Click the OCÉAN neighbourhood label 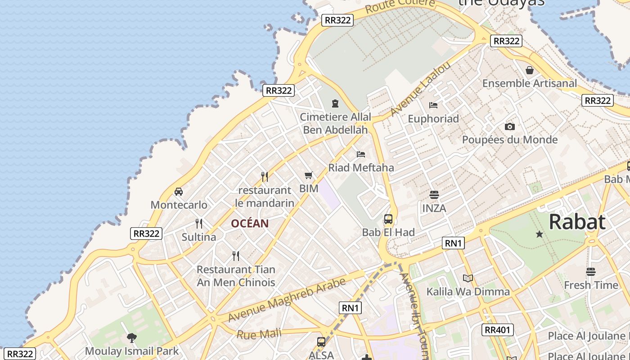[x=250, y=223]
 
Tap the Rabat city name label [x=577, y=222]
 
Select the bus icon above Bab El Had [x=388, y=219]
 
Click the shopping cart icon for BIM [x=308, y=175]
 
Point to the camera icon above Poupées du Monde [x=509, y=126]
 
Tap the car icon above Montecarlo [x=179, y=192]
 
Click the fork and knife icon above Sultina [x=198, y=223]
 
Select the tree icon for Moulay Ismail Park [x=132, y=337]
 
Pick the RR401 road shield [x=497, y=330]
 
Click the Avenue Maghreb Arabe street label [x=287, y=299]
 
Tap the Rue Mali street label [x=259, y=334]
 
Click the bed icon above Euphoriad [x=433, y=105]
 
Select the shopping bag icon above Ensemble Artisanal [x=530, y=70]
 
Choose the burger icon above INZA [x=434, y=195]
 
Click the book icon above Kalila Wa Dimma [x=468, y=278]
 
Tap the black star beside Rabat [x=539, y=234]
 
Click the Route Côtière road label [x=400, y=6]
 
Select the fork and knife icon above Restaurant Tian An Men [x=236, y=256]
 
